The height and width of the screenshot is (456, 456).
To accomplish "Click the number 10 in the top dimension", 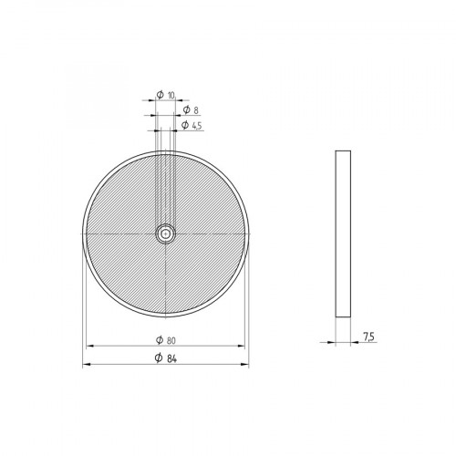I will [x=171, y=96].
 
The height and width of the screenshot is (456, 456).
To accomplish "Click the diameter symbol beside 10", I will [x=160, y=96].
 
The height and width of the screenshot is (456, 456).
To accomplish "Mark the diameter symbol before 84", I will [x=159, y=358].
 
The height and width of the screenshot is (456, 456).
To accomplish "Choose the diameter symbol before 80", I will [x=159, y=339].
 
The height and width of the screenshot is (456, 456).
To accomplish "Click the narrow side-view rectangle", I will [x=342, y=233].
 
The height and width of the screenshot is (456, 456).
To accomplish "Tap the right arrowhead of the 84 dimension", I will [x=245, y=365].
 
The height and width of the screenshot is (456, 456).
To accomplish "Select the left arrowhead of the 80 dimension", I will [x=89, y=347].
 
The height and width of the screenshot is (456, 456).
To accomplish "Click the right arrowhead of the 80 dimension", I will [x=242, y=347].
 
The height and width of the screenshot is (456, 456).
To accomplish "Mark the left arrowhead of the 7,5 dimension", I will [x=333, y=343].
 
